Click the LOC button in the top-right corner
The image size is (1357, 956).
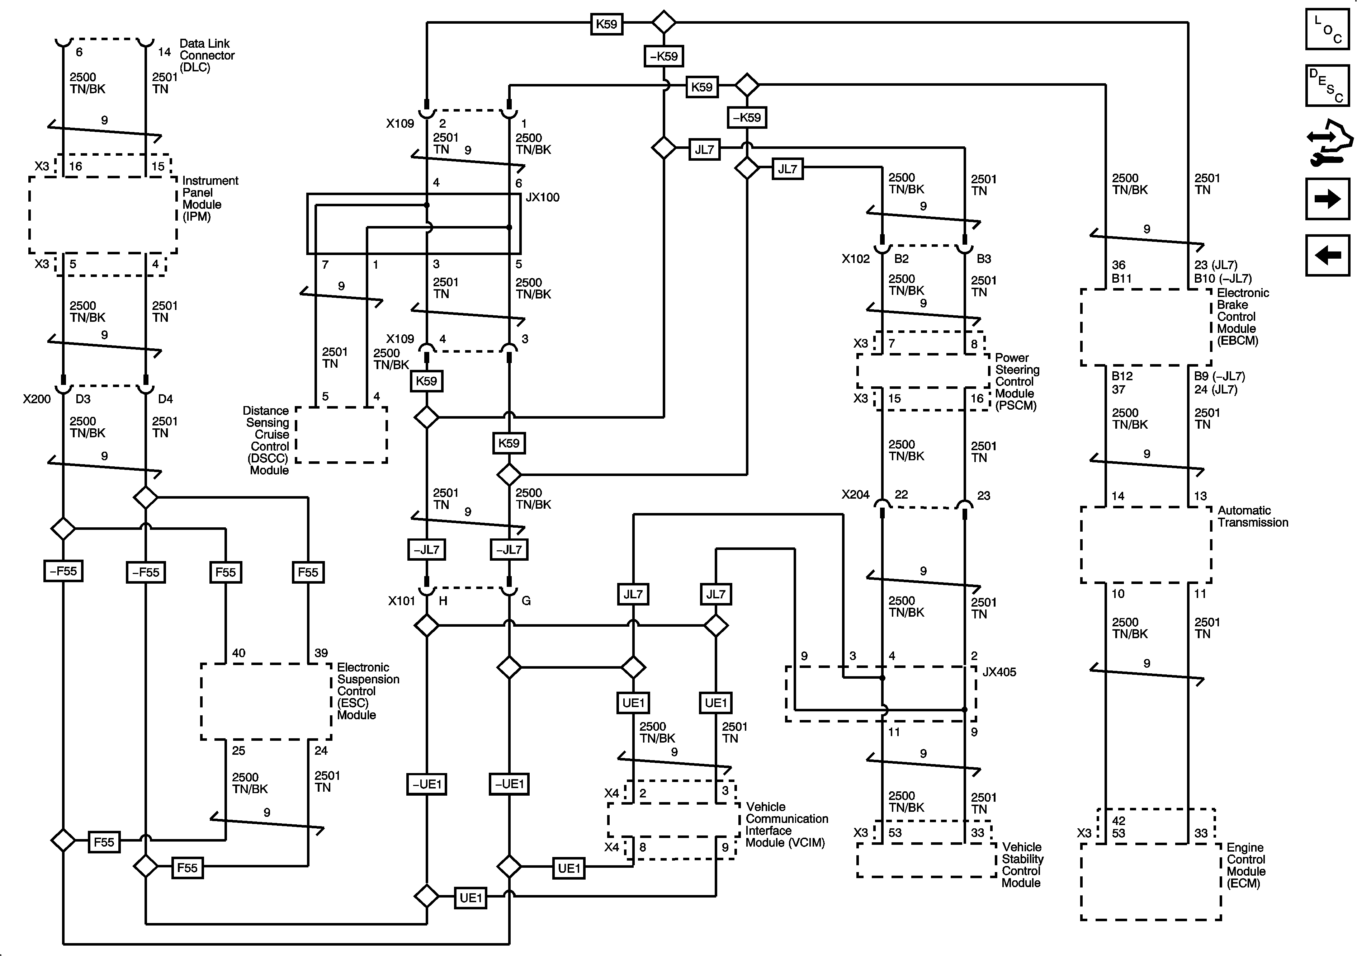click(x=1327, y=28)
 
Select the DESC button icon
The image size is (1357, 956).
click(x=1327, y=86)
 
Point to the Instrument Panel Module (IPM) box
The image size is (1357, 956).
click(x=103, y=214)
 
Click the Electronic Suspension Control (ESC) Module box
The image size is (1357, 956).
click(x=266, y=701)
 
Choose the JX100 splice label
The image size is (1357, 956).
click(x=542, y=197)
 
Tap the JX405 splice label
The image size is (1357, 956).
click(x=999, y=672)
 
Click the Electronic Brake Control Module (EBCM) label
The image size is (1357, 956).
click(x=1242, y=317)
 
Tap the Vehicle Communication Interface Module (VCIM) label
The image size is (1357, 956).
click(x=786, y=825)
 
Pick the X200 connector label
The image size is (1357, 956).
click(x=37, y=399)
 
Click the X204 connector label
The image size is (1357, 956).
click(x=855, y=495)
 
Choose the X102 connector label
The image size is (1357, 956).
click(x=855, y=259)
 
